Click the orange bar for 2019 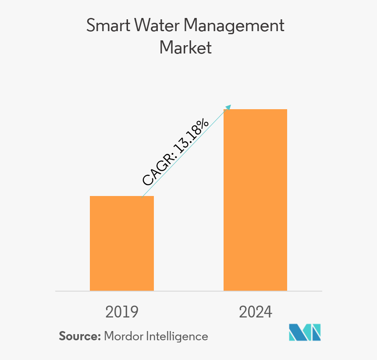(x=122, y=243)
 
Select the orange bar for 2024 (x=255, y=200)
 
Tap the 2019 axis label (x=122, y=312)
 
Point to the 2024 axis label (x=256, y=312)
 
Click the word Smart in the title (x=105, y=25)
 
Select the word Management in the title (x=234, y=26)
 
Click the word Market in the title (x=185, y=47)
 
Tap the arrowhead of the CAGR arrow (x=228, y=107)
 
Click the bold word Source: (x=80, y=336)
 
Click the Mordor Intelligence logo (x=305, y=332)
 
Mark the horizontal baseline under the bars (x=188, y=291)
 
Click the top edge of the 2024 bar (x=255, y=110)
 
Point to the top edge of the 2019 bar (x=122, y=196)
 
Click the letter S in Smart (x=91, y=25)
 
